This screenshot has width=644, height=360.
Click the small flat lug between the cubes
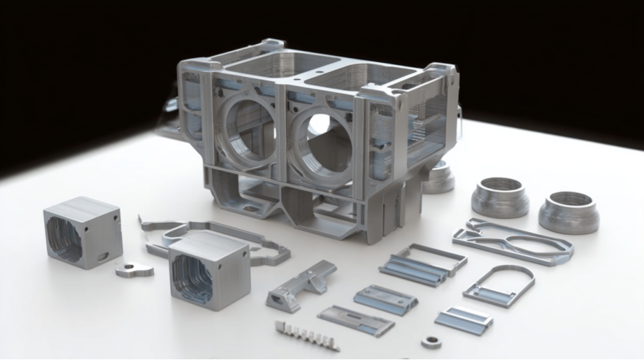(x=134, y=268)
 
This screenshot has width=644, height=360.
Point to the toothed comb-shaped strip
(x=306, y=336)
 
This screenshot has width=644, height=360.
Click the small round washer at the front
(x=431, y=342)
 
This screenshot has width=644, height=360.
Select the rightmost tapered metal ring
(x=568, y=212)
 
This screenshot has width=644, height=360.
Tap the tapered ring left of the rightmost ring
(x=500, y=197)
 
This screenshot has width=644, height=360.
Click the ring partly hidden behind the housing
(x=438, y=178)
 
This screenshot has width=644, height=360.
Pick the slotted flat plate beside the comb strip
(x=356, y=320)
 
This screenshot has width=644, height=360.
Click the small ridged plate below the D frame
(x=464, y=319)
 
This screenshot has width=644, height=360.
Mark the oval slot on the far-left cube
(x=103, y=257)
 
